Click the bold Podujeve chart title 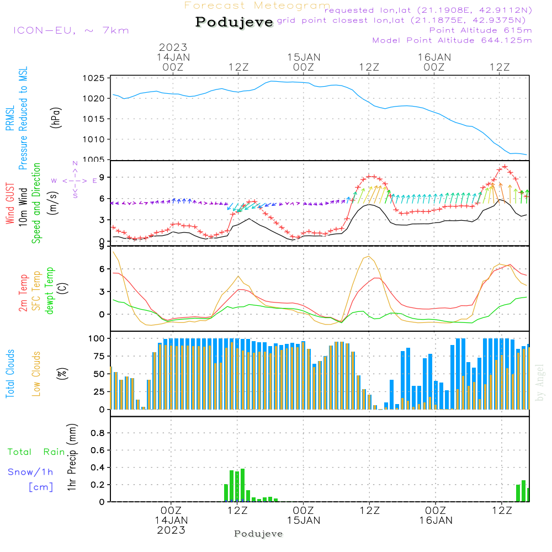click(x=234, y=22)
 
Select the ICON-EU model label click(x=70, y=30)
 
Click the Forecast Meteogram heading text click(x=257, y=6)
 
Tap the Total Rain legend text click(x=36, y=452)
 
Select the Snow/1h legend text click(x=30, y=472)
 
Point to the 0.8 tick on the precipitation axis click(x=97, y=433)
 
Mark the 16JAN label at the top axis click(x=434, y=57)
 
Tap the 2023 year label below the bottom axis click(x=172, y=530)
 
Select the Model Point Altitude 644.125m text click(x=452, y=40)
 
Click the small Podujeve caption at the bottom click(x=258, y=534)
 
